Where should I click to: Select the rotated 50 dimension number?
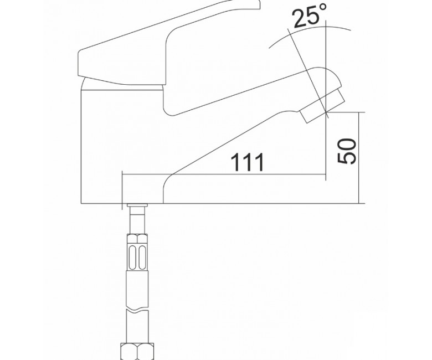(347, 151)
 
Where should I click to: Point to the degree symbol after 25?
(324, 7)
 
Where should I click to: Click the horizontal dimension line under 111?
(224, 174)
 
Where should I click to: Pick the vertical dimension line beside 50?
(359, 158)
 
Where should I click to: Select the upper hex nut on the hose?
(137, 238)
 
